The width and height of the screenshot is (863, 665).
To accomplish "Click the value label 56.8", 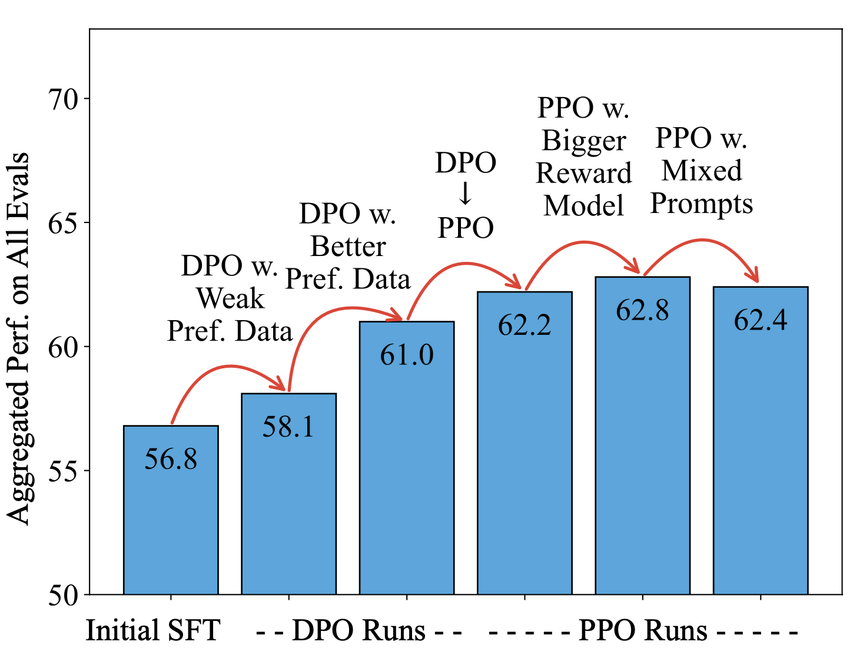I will [x=171, y=459].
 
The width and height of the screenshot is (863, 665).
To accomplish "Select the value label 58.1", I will [x=288, y=427].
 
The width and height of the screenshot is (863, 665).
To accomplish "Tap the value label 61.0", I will [x=407, y=355].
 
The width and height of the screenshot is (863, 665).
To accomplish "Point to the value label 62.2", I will [x=525, y=325].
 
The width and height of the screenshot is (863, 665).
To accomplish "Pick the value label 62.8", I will [x=642, y=310].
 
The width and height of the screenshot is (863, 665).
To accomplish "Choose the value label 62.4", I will [x=760, y=320].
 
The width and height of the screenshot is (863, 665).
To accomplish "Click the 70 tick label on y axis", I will [x=63, y=99].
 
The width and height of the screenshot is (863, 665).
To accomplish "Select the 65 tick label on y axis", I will [x=63, y=224].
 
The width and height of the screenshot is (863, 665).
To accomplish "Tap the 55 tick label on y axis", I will [x=63, y=471].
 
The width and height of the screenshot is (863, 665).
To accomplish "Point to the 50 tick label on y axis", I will [x=63, y=596].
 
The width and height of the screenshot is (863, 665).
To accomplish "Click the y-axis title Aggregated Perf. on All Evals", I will [x=19, y=338].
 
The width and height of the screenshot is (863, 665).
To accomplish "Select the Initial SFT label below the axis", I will [x=153, y=630].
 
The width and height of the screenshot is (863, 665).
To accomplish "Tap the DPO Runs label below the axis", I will [x=359, y=630].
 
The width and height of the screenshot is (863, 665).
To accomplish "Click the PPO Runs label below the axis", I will [x=643, y=630].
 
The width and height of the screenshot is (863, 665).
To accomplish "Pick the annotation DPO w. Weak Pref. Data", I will [x=230, y=298].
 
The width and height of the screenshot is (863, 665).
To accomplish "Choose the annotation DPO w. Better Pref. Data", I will [x=348, y=247].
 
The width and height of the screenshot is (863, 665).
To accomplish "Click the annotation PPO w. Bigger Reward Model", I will [x=583, y=157].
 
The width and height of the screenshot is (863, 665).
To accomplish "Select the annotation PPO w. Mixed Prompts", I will [x=701, y=171].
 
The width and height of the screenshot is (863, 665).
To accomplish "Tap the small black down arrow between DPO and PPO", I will [x=465, y=194].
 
